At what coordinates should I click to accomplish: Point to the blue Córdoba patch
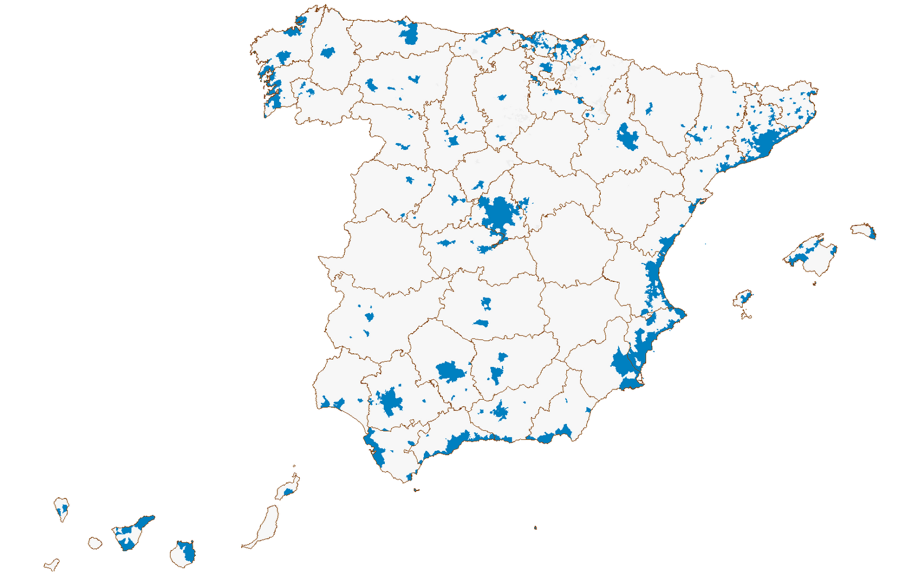pyautogui.click(x=450, y=372)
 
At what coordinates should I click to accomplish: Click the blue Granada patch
pyautogui.click(x=499, y=411)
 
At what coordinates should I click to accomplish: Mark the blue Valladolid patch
pyautogui.click(x=453, y=141)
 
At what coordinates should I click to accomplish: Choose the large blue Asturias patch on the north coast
pyautogui.click(x=410, y=34)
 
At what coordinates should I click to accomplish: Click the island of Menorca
pyautogui.click(x=863, y=230)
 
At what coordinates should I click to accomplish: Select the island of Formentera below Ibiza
pyautogui.click(x=746, y=315)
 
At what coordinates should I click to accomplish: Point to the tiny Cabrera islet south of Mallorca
pyautogui.click(x=814, y=283)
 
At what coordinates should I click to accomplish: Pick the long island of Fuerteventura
pyautogui.click(x=266, y=525)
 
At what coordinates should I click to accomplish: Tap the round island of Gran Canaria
pyautogui.click(x=183, y=554)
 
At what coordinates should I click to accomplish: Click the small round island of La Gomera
pyautogui.click(x=95, y=543)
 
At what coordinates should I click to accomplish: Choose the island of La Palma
pyautogui.click(x=61, y=508)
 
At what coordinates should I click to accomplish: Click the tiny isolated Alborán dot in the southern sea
pyautogui.click(x=535, y=527)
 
